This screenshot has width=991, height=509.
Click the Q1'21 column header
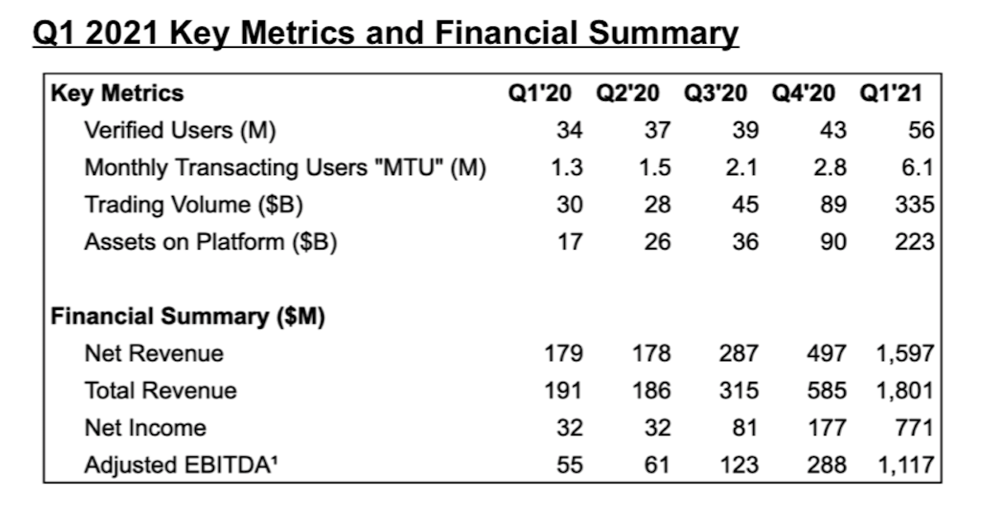click(890, 93)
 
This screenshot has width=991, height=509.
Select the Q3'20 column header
click(714, 93)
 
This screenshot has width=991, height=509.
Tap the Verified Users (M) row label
click(179, 131)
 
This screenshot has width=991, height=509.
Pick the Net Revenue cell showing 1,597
click(904, 354)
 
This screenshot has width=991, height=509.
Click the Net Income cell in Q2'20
click(657, 428)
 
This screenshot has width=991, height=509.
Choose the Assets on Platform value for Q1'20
click(569, 242)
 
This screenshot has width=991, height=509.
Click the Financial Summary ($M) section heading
click(188, 316)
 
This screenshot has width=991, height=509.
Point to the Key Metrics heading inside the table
click(117, 93)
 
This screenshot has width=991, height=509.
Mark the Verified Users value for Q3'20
click(745, 131)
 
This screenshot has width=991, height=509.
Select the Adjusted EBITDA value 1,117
click(904, 465)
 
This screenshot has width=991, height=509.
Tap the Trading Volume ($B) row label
click(188, 204)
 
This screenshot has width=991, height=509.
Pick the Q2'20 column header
click(628, 93)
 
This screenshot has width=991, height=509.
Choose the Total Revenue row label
click(160, 391)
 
